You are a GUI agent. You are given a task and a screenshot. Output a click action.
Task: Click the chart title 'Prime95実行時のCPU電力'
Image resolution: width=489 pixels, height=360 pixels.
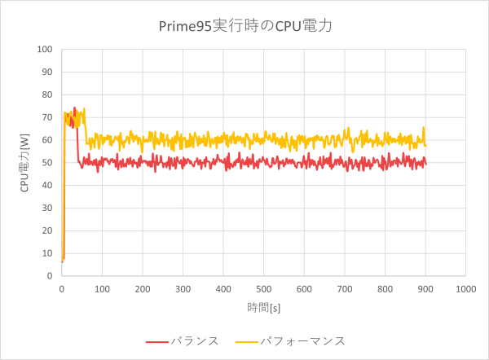245,26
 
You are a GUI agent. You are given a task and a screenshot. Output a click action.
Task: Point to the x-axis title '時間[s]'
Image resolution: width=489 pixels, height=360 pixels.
263,307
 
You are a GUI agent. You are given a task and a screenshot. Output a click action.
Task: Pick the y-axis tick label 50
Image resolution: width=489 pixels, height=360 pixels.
46,163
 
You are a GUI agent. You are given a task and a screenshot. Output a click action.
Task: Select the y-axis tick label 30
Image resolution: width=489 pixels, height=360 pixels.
46,208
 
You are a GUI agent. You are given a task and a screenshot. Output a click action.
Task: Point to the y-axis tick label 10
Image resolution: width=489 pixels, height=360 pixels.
46,253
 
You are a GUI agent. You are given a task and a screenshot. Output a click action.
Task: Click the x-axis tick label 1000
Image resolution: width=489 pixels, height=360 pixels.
465,288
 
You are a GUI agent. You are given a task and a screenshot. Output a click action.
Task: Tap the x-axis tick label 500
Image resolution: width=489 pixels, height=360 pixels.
263,288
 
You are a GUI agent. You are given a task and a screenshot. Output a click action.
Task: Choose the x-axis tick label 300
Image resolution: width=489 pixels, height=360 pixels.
183,288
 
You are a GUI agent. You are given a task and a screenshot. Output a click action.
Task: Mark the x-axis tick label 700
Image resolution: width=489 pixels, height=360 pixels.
344,288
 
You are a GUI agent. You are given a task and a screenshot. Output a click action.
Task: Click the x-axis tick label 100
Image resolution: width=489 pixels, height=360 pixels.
102,288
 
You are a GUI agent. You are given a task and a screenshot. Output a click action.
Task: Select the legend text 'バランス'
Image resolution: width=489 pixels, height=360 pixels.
195,340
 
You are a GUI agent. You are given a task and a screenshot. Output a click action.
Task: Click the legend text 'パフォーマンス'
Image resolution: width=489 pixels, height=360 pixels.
302,340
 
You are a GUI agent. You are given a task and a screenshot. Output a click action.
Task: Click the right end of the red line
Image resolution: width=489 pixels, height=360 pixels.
425,165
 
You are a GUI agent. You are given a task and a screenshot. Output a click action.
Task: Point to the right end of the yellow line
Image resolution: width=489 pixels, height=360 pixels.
425,146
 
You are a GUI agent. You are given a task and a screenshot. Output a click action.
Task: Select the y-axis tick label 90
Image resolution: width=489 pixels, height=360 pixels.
46,72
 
